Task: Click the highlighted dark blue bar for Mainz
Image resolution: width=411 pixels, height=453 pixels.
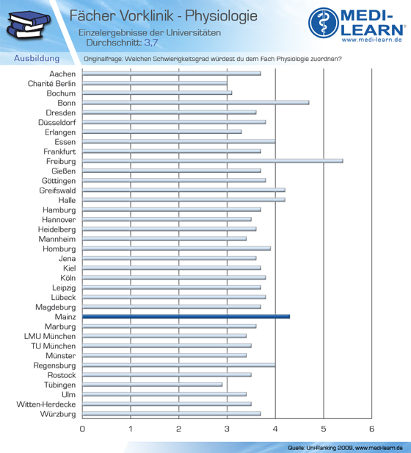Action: (x=186, y=317)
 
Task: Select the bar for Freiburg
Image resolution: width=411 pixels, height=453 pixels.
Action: (x=213, y=161)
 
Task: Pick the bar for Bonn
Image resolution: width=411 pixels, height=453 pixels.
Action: (x=195, y=102)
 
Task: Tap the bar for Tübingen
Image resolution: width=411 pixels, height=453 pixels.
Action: (x=152, y=385)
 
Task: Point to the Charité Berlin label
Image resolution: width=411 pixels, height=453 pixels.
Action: (x=51, y=84)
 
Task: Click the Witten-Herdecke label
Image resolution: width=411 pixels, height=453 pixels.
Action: (x=46, y=404)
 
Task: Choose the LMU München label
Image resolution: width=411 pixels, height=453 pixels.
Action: (x=50, y=336)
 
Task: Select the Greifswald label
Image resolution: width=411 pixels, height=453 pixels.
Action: (x=58, y=190)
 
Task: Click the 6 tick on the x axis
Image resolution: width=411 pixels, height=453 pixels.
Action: (x=371, y=429)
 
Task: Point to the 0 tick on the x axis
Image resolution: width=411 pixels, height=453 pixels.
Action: (x=82, y=429)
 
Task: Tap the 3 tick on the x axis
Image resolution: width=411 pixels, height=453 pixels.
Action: (x=227, y=429)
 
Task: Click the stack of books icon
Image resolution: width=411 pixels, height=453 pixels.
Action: (x=29, y=24)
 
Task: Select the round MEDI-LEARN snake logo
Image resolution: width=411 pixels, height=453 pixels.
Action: (x=324, y=23)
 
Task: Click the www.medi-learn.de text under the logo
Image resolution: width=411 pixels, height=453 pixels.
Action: (x=372, y=40)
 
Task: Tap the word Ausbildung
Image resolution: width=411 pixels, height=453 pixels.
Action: (x=37, y=58)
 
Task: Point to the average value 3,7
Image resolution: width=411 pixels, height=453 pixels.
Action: (x=151, y=43)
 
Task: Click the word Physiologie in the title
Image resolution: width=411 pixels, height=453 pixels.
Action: (x=221, y=16)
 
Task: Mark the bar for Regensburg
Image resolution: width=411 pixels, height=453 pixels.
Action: (x=179, y=365)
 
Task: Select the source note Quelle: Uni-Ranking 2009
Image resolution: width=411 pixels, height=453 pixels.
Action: (x=320, y=448)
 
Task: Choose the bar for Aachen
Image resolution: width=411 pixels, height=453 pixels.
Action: (x=172, y=74)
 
